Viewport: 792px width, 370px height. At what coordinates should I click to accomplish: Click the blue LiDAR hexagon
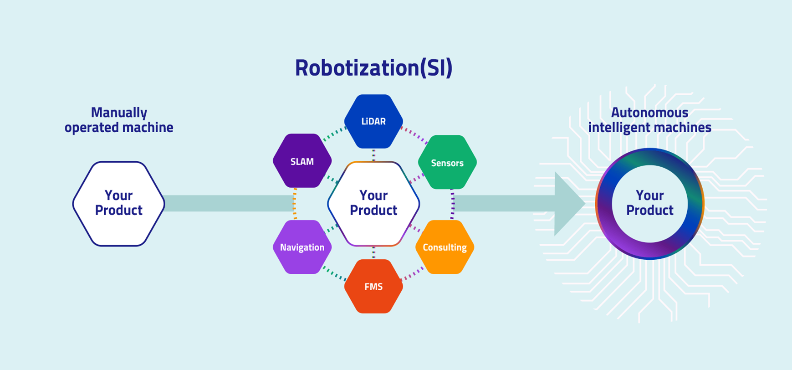[373, 121]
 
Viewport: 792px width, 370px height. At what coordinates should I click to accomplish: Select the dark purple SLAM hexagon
[302, 161]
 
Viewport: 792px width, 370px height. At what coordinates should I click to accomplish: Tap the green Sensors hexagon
[447, 162]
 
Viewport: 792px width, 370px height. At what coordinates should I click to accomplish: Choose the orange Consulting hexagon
[445, 247]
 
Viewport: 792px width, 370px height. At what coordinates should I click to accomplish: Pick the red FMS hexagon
[373, 286]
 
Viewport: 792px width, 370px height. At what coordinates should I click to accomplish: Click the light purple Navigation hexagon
[302, 247]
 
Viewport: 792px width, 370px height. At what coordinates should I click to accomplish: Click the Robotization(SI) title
[373, 68]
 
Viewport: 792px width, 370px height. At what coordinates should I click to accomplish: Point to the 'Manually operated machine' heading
[119, 120]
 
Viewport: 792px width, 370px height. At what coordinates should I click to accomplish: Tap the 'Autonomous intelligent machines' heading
[649, 120]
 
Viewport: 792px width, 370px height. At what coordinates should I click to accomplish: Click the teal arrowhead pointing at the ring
[567, 204]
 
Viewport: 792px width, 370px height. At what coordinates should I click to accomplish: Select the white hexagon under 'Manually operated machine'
[119, 204]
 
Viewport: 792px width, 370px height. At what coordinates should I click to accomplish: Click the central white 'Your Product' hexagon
[373, 204]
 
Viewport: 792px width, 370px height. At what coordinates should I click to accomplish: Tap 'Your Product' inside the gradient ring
[649, 203]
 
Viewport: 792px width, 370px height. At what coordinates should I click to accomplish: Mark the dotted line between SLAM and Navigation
[295, 204]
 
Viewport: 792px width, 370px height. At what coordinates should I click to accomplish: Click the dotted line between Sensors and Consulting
[452, 204]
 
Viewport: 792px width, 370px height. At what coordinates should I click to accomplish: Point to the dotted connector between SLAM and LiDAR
[334, 134]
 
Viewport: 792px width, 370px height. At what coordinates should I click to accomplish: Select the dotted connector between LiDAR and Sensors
[414, 135]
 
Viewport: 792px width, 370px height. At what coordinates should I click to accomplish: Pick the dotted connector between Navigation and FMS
[334, 273]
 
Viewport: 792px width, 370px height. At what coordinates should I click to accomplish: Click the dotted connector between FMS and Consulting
[412, 274]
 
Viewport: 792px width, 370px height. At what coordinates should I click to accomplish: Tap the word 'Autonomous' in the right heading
[649, 113]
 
